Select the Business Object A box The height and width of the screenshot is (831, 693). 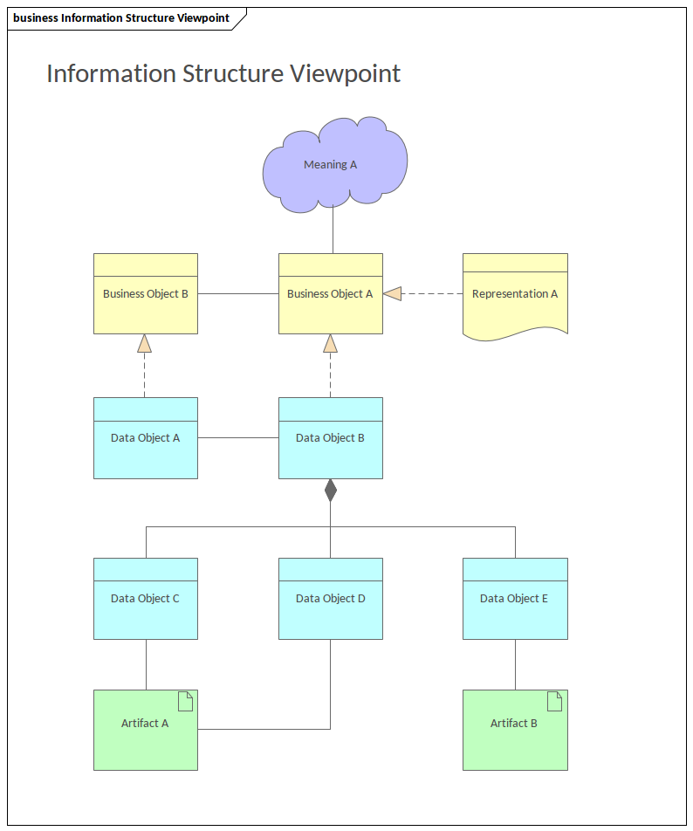click(330, 294)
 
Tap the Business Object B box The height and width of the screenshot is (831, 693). click(146, 294)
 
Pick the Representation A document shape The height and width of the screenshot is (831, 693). click(515, 294)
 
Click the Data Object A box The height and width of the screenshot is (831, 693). click(146, 438)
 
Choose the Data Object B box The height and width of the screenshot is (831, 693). click(330, 438)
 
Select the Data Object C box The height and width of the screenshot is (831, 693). click(146, 599)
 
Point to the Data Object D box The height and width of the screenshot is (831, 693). click(330, 599)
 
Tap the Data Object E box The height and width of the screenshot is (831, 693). click(515, 599)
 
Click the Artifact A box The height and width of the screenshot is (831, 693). click(146, 731)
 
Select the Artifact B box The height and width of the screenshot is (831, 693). click(515, 731)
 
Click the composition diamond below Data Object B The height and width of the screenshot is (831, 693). click(330, 491)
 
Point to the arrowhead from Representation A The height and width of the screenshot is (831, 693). click(393, 294)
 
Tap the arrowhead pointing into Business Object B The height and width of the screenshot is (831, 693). click(145, 343)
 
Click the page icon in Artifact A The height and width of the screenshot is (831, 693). click(185, 701)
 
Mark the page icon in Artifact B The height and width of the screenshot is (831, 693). click(554, 701)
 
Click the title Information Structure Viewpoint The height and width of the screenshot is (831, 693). click(223, 73)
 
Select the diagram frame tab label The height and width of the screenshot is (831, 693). click(121, 18)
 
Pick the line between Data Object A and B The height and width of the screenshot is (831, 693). click(237, 438)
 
